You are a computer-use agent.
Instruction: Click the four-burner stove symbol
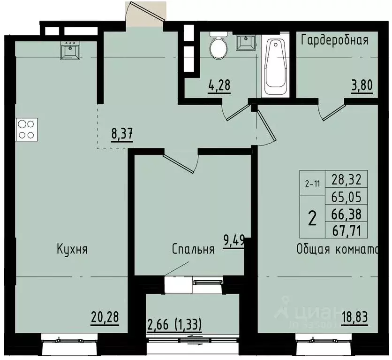coord(27,129)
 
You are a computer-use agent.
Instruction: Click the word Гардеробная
coord(334,39)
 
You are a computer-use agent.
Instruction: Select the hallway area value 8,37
coord(122,134)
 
